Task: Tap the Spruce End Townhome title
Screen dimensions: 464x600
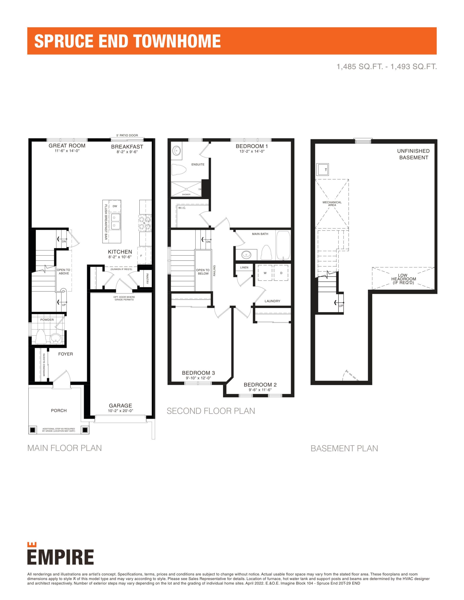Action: coord(127,41)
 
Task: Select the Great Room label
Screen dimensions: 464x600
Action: coord(67,146)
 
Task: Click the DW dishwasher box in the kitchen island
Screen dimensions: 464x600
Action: coord(115,206)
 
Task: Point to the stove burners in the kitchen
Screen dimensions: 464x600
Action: coord(145,222)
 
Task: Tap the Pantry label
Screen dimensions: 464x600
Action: coord(147,279)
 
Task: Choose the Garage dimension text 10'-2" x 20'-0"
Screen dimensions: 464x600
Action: coord(121,411)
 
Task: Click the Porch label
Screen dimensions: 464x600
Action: coord(59,410)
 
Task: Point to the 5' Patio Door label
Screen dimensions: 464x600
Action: coord(127,135)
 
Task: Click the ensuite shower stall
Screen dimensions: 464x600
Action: coord(186,189)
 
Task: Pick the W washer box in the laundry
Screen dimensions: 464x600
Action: coord(265,273)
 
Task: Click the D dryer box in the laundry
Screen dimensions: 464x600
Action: coord(281,273)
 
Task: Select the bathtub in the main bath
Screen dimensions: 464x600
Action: coord(283,245)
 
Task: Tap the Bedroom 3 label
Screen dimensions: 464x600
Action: coord(198,373)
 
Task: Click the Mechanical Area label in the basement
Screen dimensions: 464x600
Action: coord(332,204)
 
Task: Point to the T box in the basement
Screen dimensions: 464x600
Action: coord(322,169)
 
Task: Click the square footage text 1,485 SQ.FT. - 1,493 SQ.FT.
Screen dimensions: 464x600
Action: coord(387,67)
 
